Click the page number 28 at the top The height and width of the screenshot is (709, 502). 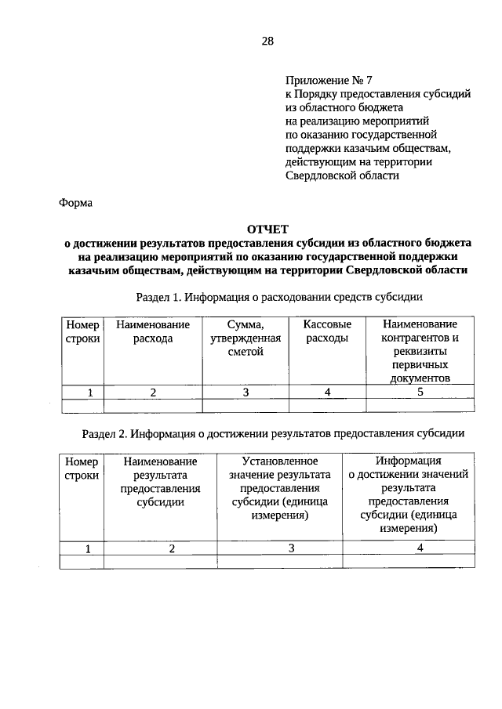click(267, 41)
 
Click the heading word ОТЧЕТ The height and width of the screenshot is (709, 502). click(267, 229)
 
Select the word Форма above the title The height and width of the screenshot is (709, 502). click(76, 203)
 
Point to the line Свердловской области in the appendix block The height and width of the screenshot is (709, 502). click(343, 175)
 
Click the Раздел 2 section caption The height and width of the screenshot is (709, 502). click(275, 432)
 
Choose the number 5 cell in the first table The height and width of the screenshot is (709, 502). click(420, 392)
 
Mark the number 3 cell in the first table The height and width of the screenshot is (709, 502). click(246, 392)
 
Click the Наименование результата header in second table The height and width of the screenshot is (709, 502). click(160, 482)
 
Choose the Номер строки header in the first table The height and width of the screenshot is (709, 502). click(82, 331)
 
